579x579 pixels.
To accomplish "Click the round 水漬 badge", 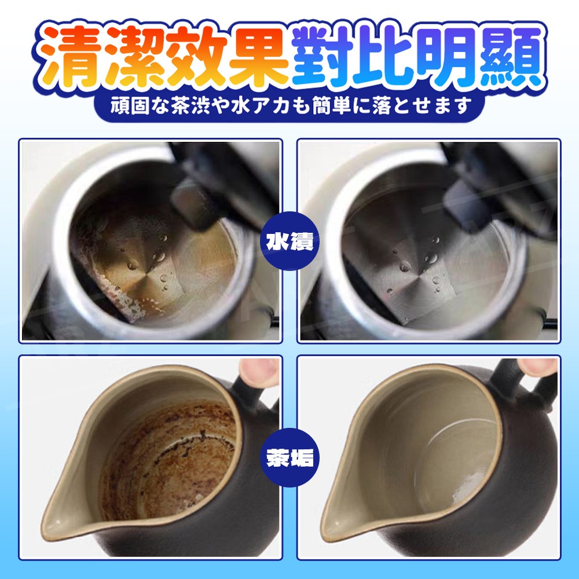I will (289, 241).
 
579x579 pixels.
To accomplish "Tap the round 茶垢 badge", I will (289, 457).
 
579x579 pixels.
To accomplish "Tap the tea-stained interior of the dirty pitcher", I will (168, 457).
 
